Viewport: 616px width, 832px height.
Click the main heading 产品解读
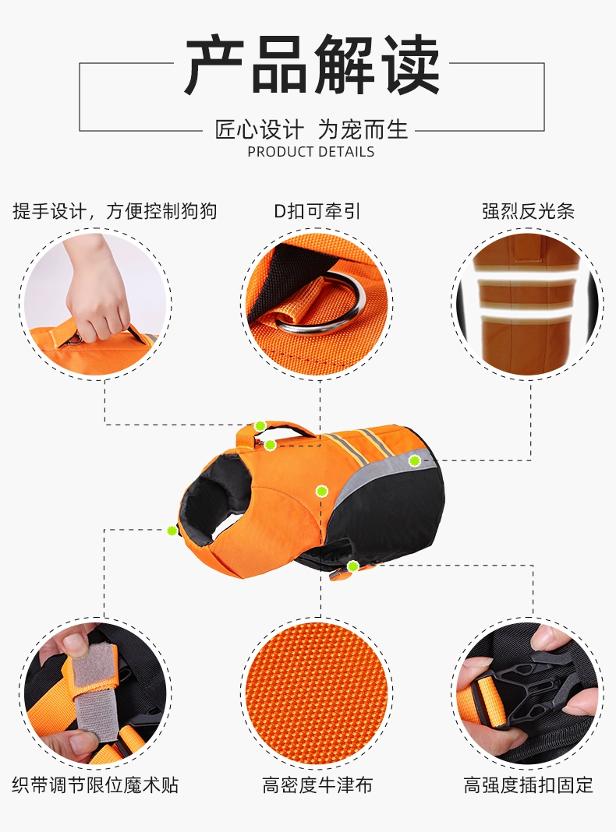(312, 65)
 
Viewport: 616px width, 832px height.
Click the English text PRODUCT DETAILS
(310, 152)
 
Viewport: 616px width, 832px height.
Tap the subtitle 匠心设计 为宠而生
(311, 129)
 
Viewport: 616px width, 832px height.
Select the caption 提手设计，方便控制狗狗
(115, 211)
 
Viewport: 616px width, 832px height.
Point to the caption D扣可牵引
(317, 211)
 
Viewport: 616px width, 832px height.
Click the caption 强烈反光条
(529, 211)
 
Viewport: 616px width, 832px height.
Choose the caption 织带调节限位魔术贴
(96, 784)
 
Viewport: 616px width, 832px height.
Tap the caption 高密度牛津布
(317, 784)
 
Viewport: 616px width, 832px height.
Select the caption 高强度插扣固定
(529, 784)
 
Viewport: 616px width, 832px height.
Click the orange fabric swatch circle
(317, 693)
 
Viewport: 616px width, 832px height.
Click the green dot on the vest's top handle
(260, 425)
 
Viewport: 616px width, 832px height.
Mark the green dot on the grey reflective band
(414, 461)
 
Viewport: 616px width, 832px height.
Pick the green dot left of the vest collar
(172, 530)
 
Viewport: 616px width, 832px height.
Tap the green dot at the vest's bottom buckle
(352, 566)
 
